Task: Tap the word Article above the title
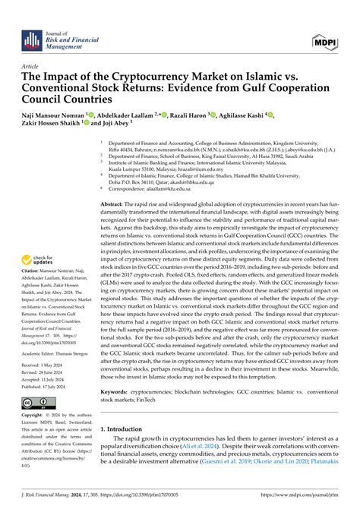point(32,67)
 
